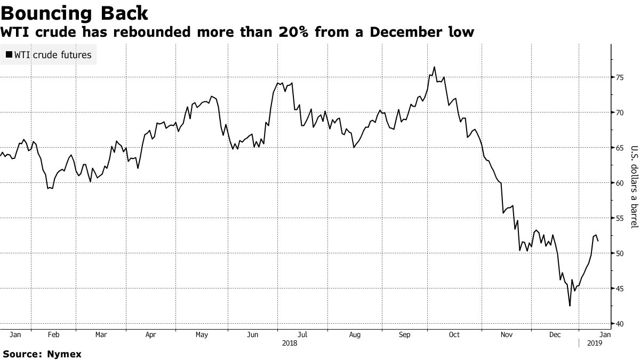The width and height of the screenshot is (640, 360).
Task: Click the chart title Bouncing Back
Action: (75, 12)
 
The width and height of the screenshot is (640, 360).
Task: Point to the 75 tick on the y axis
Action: (620, 77)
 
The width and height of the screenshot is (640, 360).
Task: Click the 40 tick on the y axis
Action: (620, 324)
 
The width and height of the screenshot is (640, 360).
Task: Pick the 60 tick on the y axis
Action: (620, 183)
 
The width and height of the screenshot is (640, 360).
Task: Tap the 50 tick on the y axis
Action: (620, 253)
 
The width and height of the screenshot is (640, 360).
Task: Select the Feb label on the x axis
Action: (53, 335)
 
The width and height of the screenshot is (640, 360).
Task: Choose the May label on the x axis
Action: (202, 335)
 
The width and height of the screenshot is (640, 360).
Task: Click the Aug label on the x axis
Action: (355, 335)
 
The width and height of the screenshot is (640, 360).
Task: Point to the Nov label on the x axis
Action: (507, 335)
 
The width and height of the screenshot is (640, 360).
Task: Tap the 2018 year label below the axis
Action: (290, 344)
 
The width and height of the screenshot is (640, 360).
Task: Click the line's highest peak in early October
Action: (434, 67)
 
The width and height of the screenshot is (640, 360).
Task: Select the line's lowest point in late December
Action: (570, 306)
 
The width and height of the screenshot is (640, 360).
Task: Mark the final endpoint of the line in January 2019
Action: (598, 241)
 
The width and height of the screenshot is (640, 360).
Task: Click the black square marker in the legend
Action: (9, 54)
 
